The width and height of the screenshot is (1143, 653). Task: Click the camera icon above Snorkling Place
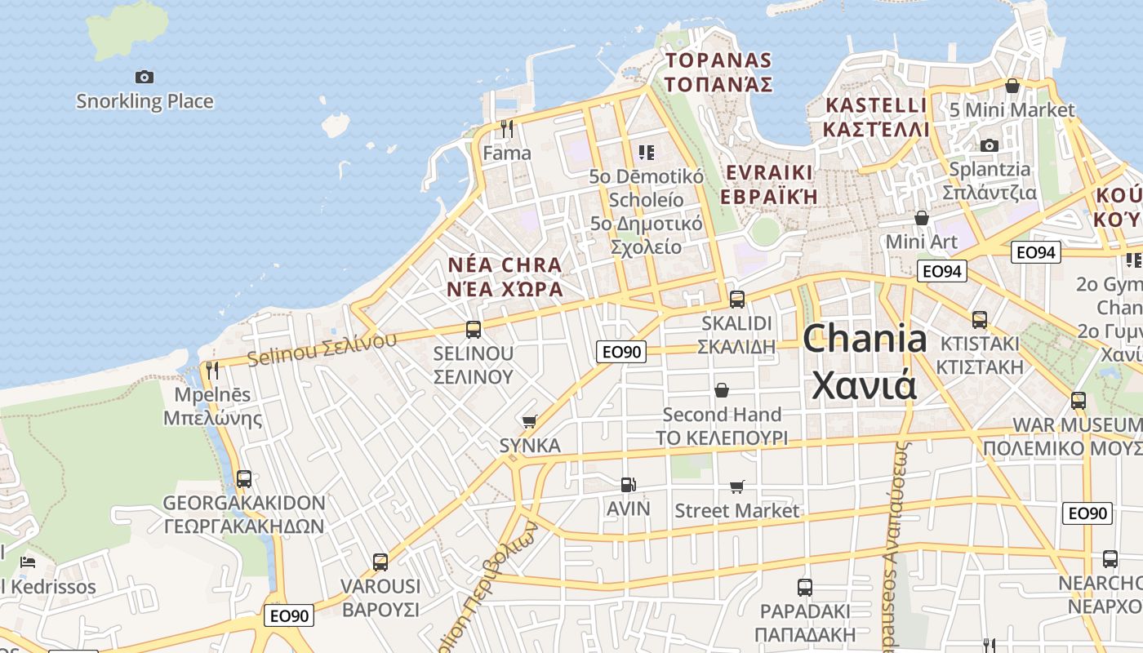(x=145, y=78)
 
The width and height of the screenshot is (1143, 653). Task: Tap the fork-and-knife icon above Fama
(x=507, y=128)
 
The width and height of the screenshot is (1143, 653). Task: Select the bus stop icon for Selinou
(x=474, y=330)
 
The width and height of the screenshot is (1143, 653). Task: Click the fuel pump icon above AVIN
(x=628, y=485)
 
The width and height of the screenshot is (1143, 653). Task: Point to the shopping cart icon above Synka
(x=530, y=421)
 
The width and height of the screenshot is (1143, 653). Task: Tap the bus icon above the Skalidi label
(x=737, y=300)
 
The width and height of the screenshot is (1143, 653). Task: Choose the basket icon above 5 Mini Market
(x=1012, y=86)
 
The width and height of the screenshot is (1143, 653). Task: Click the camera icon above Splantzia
(x=990, y=145)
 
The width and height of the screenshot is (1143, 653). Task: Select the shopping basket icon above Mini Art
(x=922, y=218)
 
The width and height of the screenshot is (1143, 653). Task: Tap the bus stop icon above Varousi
(x=380, y=562)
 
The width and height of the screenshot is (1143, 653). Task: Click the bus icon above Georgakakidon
(x=244, y=478)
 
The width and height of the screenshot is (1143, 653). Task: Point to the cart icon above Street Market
(x=737, y=486)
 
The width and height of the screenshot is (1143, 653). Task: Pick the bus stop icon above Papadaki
(x=805, y=587)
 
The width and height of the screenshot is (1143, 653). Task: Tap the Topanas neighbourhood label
(x=718, y=60)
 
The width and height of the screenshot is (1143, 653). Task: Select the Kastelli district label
(x=876, y=105)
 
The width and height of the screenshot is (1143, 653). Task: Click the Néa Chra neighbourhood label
(x=505, y=265)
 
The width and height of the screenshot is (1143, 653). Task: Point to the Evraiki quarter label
(x=769, y=173)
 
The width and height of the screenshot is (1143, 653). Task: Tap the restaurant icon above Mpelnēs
(x=212, y=371)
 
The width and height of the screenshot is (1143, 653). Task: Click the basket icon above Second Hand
(x=722, y=390)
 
